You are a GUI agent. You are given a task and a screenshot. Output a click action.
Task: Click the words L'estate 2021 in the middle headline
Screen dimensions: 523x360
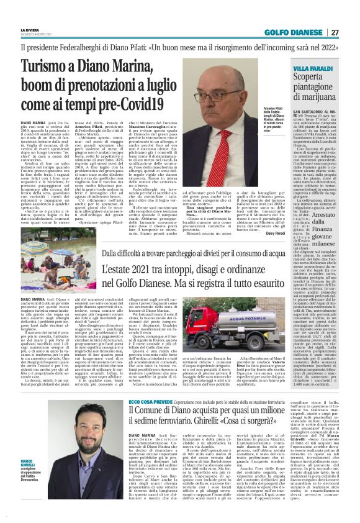(127, 271)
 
